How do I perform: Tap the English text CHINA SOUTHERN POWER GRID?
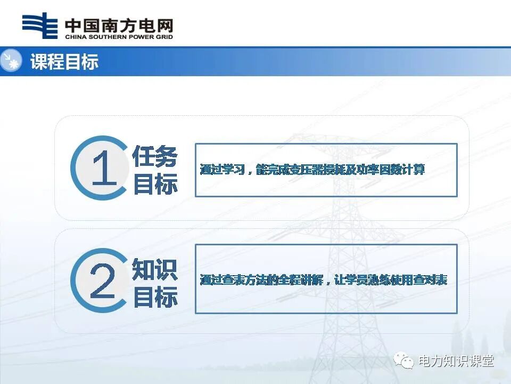119,37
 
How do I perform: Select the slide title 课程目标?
64,62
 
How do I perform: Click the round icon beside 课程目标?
11,61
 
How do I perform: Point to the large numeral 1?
103,168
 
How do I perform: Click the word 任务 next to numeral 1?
155,157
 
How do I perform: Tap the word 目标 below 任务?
155,185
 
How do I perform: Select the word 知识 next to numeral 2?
155,270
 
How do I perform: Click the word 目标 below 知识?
155,297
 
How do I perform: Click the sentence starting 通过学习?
312,170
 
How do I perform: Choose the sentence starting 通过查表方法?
323,279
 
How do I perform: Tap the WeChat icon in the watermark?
405,361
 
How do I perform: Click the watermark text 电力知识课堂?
456,361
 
